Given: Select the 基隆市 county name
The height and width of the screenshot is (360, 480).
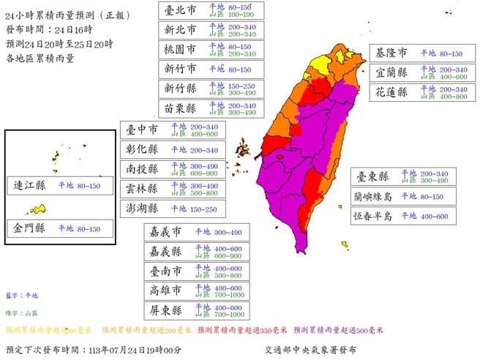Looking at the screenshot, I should click(391, 53).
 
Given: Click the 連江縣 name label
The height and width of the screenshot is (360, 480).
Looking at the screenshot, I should click(30, 186).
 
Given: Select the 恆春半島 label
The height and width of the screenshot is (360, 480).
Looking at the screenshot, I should click(373, 217).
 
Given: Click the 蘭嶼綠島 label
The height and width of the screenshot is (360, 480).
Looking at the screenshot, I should click(373, 197).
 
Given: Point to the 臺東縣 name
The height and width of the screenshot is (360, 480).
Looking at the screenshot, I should click(373, 176).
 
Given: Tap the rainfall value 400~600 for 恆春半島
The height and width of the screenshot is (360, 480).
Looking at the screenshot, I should click(433, 217).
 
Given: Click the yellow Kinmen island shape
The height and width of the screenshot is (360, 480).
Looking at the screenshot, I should click(40, 210).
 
